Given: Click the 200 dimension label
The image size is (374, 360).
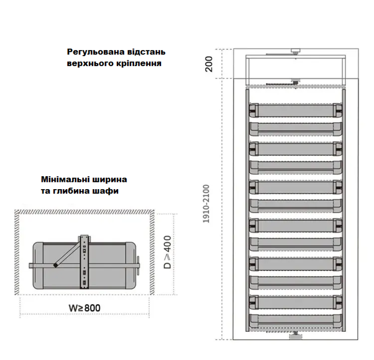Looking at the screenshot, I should coord(209,64).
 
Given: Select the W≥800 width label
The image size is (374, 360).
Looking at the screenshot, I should coord(85,308).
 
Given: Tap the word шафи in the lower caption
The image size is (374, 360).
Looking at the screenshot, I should coord(109,191).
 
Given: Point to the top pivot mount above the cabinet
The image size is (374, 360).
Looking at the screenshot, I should coord(295,51).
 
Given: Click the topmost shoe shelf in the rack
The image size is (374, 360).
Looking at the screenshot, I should coord(295,110).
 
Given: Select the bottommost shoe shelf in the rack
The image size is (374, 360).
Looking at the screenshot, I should coord(295,320).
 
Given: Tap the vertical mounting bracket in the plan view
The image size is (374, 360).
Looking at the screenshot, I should coord(84,262).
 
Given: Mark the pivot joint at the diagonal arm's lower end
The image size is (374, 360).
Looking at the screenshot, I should coord(56,265).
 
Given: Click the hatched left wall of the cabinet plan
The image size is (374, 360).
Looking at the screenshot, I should coord(17,252).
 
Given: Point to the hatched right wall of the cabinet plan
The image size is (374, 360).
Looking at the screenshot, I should coord(152,252).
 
